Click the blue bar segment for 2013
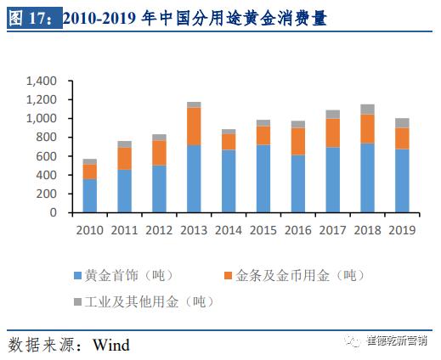tap(194, 178)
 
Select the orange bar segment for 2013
tap(194, 126)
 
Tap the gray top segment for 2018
tap(367, 109)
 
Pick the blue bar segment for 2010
tap(89, 195)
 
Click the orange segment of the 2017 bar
tap(332, 132)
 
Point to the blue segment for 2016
tap(298, 183)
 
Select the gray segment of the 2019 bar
tap(402, 122)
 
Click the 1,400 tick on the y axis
tap(40, 82)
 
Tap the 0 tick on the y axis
tap(53, 213)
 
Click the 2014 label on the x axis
tap(228, 230)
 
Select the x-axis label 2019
tap(402, 230)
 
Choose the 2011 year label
tap(124, 230)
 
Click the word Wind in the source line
tap(110, 345)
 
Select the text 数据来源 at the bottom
tap(38, 345)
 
